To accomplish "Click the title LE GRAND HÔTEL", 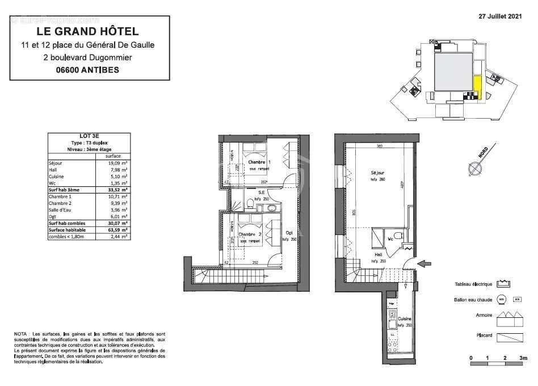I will [x=87, y=32].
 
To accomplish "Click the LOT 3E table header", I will [x=90, y=136].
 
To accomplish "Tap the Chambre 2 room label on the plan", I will [x=250, y=234].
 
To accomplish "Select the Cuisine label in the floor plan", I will [x=404, y=319].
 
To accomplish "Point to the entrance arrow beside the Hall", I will [x=424, y=263].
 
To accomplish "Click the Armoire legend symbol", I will [x=509, y=318].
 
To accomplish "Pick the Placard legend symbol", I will [x=509, y=337].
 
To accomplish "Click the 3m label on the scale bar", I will [x=522, y=359].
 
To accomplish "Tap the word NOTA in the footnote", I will [x=20, y=334].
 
